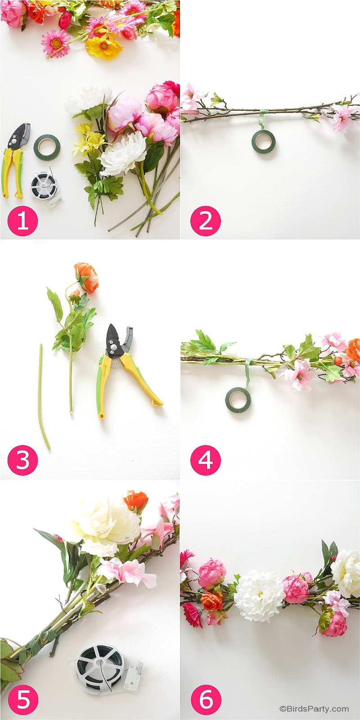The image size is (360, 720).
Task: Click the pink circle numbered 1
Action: [22, 221]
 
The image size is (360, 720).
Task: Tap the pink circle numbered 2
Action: [205, 221]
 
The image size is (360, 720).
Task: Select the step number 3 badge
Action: [22, 460]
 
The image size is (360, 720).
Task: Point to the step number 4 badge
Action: [205, 460]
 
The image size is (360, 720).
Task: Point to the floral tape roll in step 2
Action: [263, 141]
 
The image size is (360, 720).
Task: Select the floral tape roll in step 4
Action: [238, 400]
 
